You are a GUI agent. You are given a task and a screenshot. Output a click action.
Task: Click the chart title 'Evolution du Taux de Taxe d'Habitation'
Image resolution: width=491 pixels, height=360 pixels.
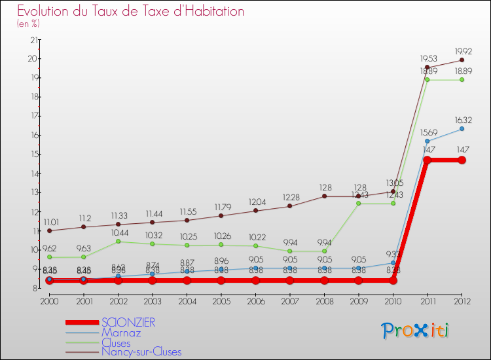click(x=131, y=11)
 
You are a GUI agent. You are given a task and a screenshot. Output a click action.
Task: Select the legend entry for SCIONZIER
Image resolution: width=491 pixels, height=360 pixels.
click(x=128, y=322)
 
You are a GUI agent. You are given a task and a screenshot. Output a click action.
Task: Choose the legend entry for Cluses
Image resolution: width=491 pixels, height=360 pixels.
click(x=116, y=342)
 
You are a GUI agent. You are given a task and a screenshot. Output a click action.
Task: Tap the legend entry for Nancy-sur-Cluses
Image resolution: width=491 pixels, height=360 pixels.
click(x=141, y=352)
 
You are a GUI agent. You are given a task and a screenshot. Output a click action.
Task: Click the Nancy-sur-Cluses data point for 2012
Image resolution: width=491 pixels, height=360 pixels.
click(x=462, y=60)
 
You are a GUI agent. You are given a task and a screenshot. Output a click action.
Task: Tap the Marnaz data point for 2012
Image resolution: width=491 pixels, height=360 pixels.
click(x=462, y=129)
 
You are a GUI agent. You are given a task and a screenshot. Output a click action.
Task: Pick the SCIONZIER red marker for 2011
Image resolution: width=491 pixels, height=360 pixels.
click(x=427, y=160)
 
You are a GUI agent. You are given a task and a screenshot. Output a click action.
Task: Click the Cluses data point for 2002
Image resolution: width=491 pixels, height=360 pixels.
click(x=118, y=242)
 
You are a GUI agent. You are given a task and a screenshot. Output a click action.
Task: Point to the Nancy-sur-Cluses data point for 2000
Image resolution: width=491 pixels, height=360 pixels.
click(x=49, y=230)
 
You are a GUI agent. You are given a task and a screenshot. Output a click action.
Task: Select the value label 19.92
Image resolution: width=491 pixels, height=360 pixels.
click(x=462, y=50)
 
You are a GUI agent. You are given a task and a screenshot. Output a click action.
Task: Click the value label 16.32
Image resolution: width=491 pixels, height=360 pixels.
click(x=462, y=120)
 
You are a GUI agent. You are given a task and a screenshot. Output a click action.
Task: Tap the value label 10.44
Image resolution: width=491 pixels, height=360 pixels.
click(x=118, y=232)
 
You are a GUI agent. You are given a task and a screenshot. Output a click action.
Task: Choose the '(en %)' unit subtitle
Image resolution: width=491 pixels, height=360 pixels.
click(x=28, y=24)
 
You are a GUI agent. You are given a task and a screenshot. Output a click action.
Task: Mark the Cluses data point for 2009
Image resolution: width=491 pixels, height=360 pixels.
click(x=359, y=204)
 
